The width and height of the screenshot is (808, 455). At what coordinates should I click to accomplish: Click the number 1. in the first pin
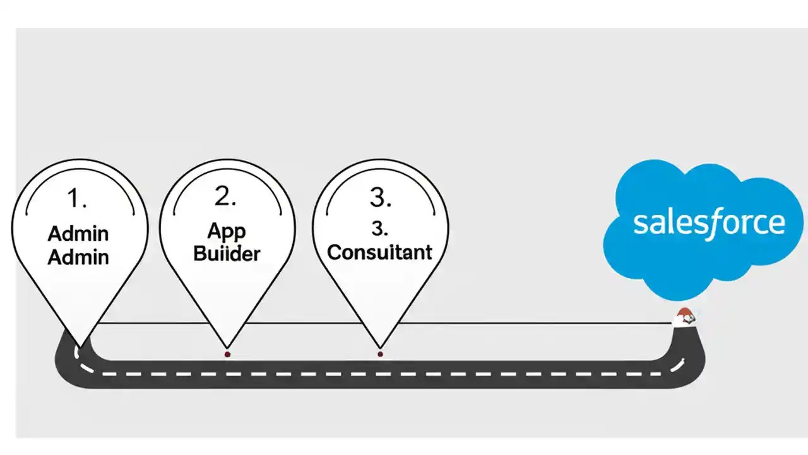point(77,198)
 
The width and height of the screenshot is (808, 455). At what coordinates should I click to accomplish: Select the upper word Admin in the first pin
point(78,234)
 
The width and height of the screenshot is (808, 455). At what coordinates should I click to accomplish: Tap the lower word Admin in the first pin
point(78,257)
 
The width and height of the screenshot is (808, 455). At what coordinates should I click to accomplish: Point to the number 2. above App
point(225,197)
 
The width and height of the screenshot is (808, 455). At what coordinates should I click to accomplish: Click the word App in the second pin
point(226,231)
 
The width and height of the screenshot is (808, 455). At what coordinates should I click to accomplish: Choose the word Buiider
point(227,254)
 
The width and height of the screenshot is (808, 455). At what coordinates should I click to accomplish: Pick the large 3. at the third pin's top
point(381,198)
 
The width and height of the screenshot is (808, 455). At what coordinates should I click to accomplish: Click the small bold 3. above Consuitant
point(380,229)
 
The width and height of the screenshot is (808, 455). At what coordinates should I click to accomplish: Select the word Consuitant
point(380,252)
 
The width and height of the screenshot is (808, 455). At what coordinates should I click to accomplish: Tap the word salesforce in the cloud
point(709,223)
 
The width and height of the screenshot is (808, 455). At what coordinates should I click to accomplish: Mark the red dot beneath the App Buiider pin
point(227,355)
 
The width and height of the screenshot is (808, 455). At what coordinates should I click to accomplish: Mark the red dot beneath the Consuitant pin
point(380,355)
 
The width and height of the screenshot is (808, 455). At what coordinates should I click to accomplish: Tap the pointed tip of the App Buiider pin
point(227,347)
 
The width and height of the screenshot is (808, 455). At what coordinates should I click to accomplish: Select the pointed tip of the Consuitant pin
point(380,347)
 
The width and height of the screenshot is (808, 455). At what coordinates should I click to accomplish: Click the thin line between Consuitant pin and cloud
point(537,323)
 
